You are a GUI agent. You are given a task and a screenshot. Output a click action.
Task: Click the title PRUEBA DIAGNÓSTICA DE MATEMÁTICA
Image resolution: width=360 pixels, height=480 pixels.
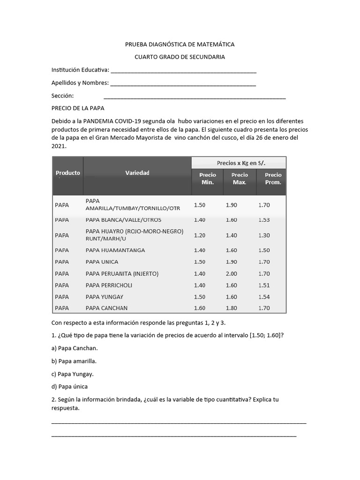click(x=180, y=45)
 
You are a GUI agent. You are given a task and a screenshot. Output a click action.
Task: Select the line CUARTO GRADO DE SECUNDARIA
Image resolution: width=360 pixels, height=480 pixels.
click(x=180, y=57)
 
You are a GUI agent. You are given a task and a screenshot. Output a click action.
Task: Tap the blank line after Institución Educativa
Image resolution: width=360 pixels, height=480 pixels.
click(x=183, y=71)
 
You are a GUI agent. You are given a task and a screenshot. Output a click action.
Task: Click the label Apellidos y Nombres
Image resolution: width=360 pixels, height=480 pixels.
click(x=80, y=83)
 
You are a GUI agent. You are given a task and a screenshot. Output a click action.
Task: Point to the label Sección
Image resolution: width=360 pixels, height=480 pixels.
click(x=63, y=96)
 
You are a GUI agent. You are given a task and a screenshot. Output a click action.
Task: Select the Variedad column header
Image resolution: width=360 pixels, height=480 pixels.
click(x=137, y=173)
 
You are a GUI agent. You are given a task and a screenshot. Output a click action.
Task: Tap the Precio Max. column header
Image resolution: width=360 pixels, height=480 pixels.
click(x=240, y=179)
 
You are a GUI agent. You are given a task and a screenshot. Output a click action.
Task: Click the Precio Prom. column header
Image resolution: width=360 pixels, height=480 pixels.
click(x=273, y=179)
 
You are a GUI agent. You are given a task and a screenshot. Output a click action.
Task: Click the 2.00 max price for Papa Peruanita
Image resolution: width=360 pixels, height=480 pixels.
click(x=232, y=273)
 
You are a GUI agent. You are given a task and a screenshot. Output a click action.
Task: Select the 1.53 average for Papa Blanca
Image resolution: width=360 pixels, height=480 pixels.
click(x=264, y=220)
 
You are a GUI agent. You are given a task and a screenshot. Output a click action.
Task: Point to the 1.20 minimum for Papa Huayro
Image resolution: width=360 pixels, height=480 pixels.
click(x=199, y=235)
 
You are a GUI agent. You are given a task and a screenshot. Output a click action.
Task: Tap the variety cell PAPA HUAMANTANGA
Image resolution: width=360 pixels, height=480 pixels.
click(x=115, y=250)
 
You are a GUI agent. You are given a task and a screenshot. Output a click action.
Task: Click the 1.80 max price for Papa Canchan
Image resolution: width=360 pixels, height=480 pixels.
click(x=232, y=308)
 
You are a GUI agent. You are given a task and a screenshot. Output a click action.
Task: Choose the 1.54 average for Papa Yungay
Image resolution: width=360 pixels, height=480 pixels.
click(x=264, y=297)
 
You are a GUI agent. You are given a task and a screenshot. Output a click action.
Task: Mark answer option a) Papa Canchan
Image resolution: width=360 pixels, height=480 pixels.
click(x=75, y=348)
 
